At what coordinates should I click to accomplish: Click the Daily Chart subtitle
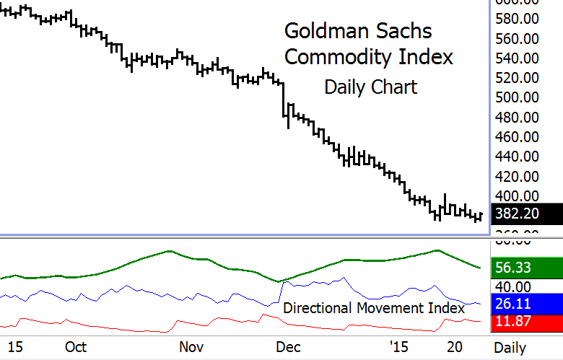(370, 87)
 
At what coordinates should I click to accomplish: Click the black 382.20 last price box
(526, 214)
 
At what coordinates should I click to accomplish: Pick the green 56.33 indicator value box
(526, 268)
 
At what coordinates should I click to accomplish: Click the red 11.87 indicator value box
(526, 322)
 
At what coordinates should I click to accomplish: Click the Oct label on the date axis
(75, 347)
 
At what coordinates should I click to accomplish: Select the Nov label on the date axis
(191, 347)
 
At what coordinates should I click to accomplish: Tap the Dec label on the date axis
(289, 347)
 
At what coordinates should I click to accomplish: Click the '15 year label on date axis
(399, 347)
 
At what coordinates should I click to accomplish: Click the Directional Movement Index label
(373, 307)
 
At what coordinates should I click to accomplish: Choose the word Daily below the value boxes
(510, 347)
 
